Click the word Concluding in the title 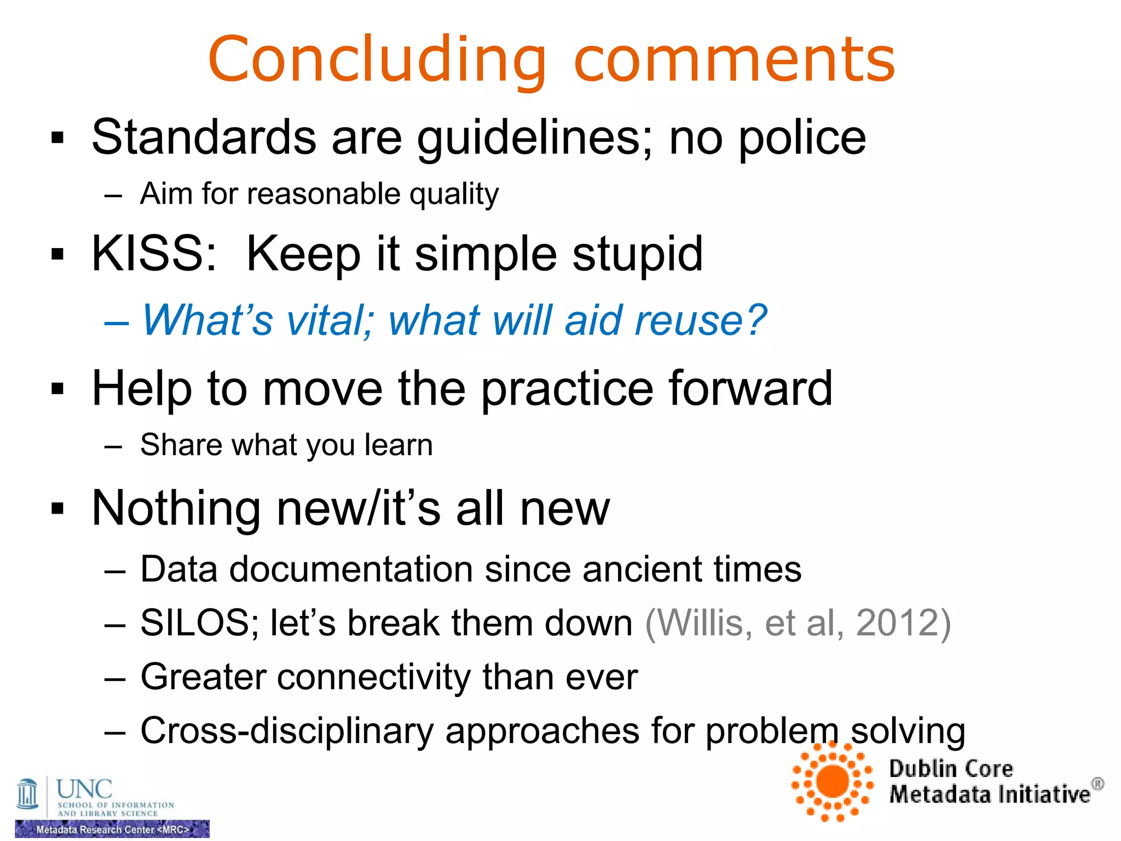[x=377, y=60]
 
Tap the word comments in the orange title [x=734, y=60]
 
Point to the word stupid [x=637, y=254]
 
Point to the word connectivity [x=374, y=677]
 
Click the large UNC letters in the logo [x=84, y=789]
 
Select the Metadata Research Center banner [x=112, y=829]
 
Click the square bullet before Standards [x=57, y=138]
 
